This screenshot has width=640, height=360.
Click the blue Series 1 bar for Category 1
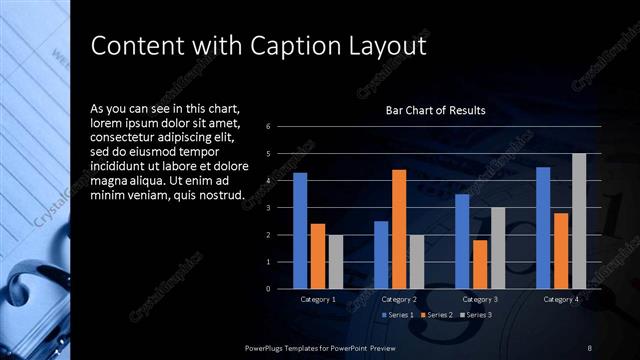(300, 230)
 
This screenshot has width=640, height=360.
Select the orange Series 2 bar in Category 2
(399, 229)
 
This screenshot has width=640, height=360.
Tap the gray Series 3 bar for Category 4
(579, 221)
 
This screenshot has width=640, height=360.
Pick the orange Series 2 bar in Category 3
(480, 264)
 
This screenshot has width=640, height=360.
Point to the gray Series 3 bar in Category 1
(336, 261)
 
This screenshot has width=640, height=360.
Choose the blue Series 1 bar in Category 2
(381, 255)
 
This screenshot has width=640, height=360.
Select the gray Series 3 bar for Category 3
(498, 248)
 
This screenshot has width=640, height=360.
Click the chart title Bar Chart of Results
(436, 110)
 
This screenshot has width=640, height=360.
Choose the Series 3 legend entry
(475, 315)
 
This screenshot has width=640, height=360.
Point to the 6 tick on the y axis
(268, 127)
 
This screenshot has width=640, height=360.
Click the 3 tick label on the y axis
(268, 208)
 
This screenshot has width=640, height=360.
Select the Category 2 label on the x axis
(399, 299)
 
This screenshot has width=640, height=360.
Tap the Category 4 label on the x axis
(561, 299)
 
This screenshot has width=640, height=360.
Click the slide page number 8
(590, 347)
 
